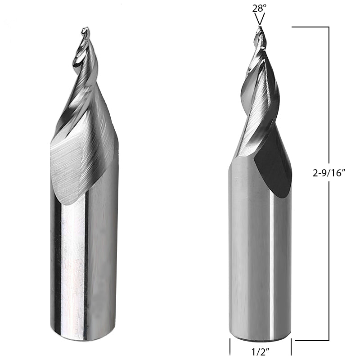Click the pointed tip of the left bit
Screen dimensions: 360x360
point(85,30)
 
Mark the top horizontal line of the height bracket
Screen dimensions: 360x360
point(310,27)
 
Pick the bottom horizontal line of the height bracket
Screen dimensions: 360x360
point(310,341)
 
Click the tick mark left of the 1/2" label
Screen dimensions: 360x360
point(230,347)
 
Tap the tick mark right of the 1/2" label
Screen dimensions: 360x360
point(291,347)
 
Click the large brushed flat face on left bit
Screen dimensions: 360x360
point(76,166)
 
